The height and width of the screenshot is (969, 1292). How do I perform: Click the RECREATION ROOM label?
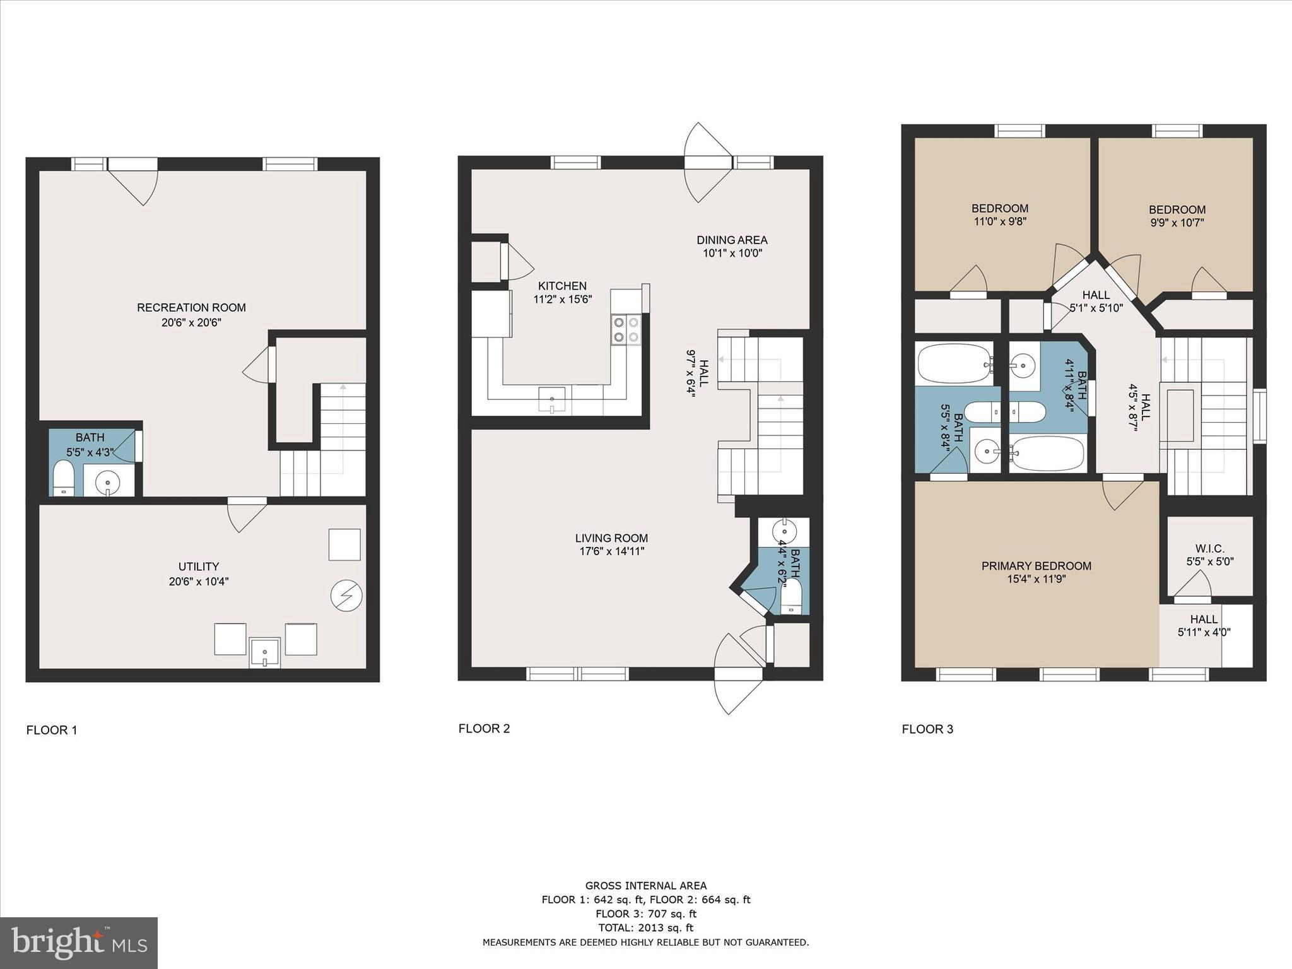click(191, 307)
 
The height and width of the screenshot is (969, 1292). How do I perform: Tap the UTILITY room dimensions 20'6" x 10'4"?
click(198, 581)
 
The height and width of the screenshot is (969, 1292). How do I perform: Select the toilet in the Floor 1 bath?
click(62, 478)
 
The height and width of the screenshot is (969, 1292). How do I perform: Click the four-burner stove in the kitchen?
click(625, 329)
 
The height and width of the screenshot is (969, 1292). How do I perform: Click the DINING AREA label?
click(732, 240)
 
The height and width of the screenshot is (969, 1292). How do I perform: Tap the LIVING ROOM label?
click(611, 538)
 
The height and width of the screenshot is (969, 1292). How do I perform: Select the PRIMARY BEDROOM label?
click(1036, 566)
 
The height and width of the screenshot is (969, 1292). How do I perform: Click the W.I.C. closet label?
click(1209, 548)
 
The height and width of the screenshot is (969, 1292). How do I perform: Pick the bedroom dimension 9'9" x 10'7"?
click(1177, 223)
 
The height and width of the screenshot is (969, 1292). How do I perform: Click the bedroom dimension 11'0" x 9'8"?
click(999, 221)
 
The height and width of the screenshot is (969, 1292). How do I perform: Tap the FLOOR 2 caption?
click(484, 728)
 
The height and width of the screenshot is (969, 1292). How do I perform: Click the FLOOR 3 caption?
click(927, 729)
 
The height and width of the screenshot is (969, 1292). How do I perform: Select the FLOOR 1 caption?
click(52, 730)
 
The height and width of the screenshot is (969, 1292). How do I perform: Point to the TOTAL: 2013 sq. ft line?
click(645, 927)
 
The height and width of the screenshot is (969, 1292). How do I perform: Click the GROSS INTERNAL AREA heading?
click(645, 886)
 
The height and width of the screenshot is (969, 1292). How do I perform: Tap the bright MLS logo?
click(79, 943)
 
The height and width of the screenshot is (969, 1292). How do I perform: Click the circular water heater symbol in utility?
click(346, 596)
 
